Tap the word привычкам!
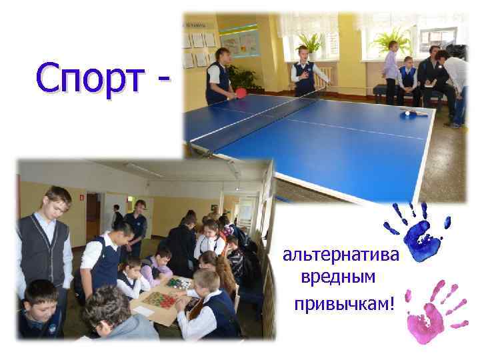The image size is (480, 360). pyautogui.click(x=344, y=304)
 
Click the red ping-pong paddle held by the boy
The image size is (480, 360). pyautogui.click(x=241, y=93)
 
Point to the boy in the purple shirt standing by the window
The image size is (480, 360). pyautogui.click(x=391, y=67)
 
